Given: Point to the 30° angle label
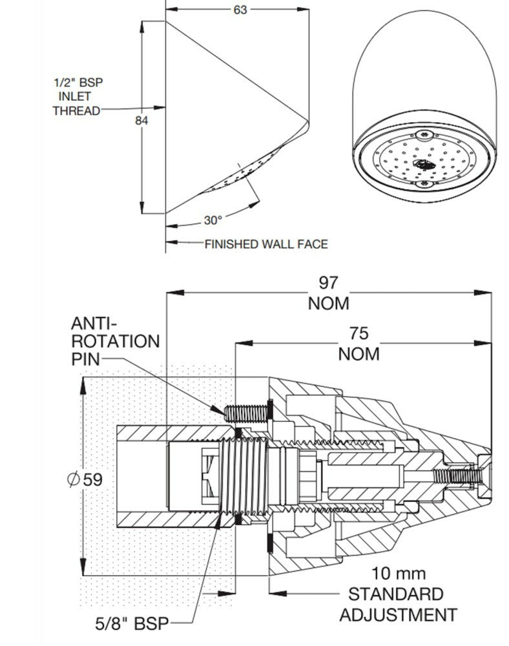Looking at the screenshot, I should (x=213, y=220).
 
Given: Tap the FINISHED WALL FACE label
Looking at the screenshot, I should (x=266, y=244).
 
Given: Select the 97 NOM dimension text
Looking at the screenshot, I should (x=327, y=293).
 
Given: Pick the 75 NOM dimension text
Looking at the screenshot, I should (x=358, y=343).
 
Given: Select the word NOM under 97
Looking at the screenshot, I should (x=327, y=303).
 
